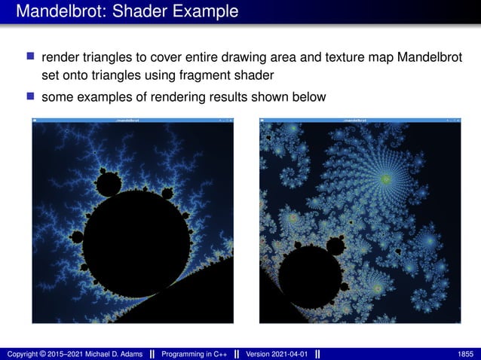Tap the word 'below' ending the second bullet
(309, 96)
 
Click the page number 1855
(466, 354)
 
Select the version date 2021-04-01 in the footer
(290, 354)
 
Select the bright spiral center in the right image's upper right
(387, 179)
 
